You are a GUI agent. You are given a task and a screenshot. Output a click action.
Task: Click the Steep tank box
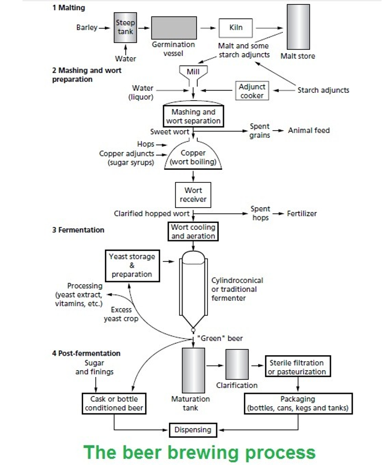click(125, 28)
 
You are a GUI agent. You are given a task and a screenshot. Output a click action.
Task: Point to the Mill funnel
click(193, 74)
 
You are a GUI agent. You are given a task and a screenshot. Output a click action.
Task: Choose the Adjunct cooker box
click(252, 91)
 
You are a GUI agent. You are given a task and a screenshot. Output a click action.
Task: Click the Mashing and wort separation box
click(193, 116)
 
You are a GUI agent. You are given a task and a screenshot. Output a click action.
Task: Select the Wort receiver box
click(193, 195)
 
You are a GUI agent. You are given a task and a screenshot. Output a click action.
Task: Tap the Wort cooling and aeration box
click(193, 232)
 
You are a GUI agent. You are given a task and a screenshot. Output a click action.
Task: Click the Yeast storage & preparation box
click(132, 265)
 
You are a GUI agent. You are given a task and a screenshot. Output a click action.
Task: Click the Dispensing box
click(193, 429)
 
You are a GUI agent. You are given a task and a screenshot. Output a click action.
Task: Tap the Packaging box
click(298, 404)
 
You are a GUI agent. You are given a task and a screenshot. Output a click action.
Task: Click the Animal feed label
click(309, 130)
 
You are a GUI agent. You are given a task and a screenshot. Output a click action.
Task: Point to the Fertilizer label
click(302, 213)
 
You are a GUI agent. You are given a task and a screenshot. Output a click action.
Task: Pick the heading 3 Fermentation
click(78, 230)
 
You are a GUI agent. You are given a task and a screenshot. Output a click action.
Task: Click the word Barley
click(87, 28)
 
